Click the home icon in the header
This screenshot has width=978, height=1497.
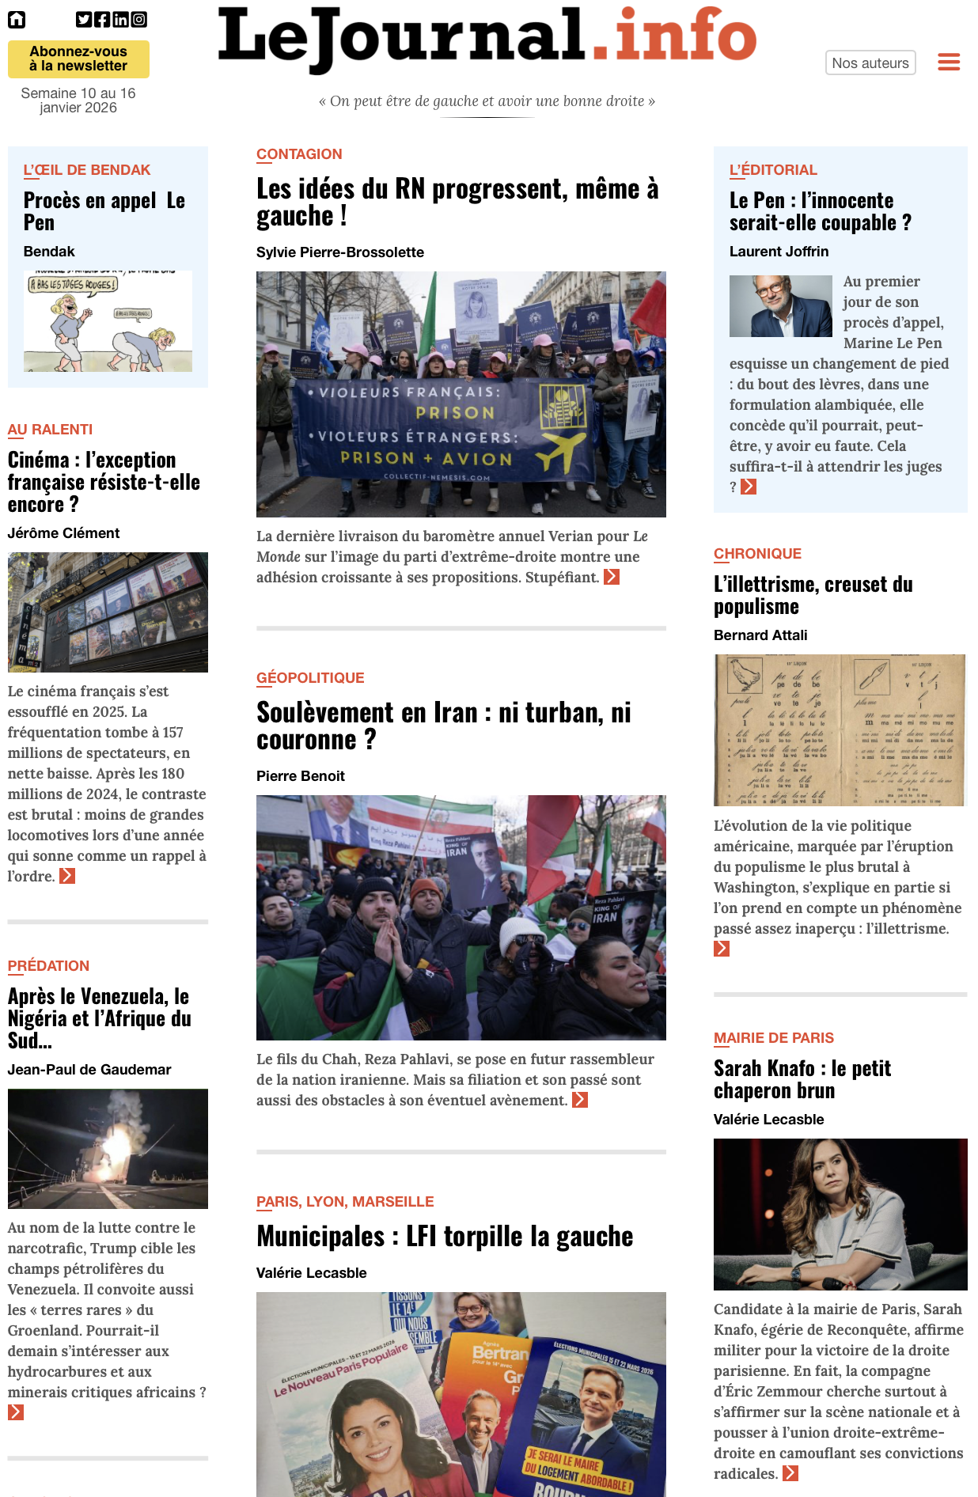point(17,20)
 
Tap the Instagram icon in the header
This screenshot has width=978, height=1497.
point(139,20)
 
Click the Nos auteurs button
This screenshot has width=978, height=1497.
point(870,63)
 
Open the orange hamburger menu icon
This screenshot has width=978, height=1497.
point(949,62)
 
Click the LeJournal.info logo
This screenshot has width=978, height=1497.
point(487,37)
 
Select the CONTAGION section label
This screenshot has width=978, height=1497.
point(299,154)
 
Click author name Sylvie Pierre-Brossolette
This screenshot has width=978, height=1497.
point(340,252)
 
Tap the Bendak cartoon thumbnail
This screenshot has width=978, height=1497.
point(108,321)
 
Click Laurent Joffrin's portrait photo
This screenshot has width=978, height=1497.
point(780,306)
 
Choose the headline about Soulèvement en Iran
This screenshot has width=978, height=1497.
point(443,726)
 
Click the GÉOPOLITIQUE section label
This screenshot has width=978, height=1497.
point(310,678)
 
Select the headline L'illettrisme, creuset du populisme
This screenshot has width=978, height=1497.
point(813,595)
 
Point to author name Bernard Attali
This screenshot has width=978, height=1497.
point(760,635)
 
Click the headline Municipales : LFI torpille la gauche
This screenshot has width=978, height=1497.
point(445,1237)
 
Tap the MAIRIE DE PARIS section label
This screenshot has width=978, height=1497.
point(773,1038)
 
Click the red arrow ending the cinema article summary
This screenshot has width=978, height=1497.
point(67,876)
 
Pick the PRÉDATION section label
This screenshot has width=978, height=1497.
point(48,966)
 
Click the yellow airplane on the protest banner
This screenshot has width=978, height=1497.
point(560,451)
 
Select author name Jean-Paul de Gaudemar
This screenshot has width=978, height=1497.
point(89,1070)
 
